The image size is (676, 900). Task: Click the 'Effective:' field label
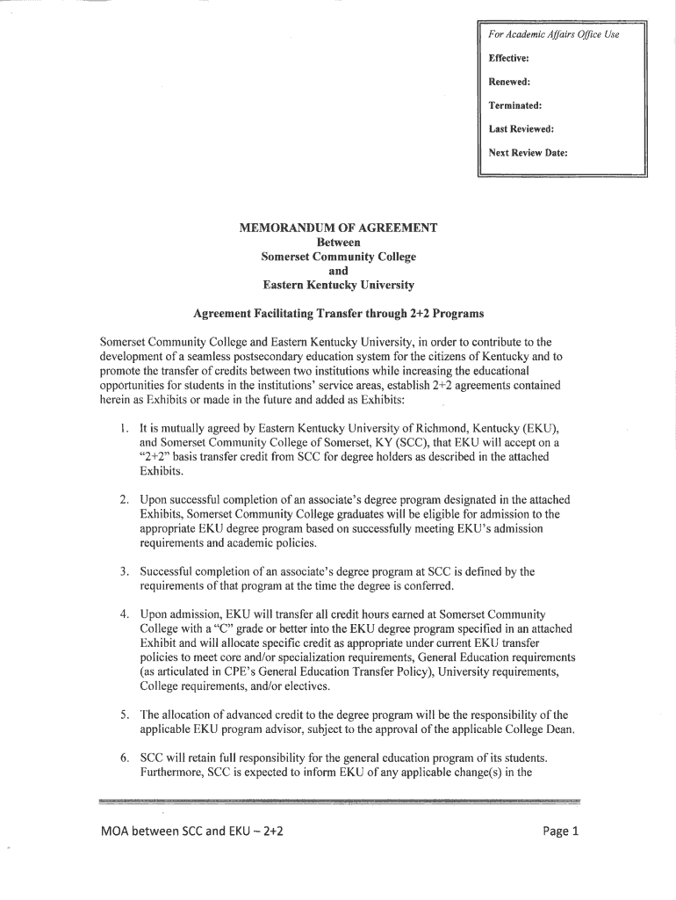[508, 59]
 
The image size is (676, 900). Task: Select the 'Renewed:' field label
[508, 82]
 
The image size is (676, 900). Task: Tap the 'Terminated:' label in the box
[514, 105]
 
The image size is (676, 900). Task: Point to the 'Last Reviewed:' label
[521, 128]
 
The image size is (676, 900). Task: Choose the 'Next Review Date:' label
[528, 152]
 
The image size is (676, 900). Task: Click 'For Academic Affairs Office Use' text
[553, 34]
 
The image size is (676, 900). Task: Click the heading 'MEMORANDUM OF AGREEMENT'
[338, 228]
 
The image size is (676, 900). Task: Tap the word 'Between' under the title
[338, 242]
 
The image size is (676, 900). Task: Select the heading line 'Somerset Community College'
[338, 257]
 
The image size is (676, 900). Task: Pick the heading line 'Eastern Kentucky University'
[338, 286]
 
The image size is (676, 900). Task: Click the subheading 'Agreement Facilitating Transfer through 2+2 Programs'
[338, 314]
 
